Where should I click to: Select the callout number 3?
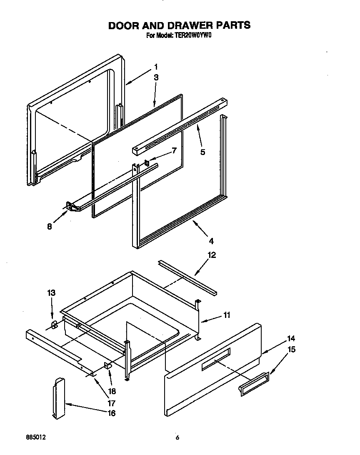click(x=156, y=77)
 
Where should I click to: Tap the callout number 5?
click(x=202, y=152)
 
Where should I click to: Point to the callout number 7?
click(x=174, y=150)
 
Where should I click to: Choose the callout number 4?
click(x=211, y=241)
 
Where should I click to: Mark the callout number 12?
click(x=212, y=255)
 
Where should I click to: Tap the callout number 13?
click(x=51, y=293)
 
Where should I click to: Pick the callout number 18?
click(x=111, y=391)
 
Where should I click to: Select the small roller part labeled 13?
click(x=54, y=325)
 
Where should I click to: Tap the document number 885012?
click(x=35, y=437)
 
